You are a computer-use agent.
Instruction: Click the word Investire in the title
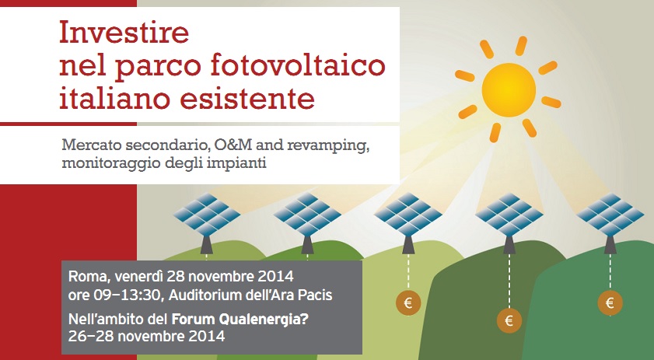click(x=124, y=32)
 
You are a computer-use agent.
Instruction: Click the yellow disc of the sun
click(x=509, y=89)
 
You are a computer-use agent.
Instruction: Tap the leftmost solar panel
click(x=207, y=214)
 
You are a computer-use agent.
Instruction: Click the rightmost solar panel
click(x=610, y=214)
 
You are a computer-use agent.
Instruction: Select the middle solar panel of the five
click(x=408, y=214)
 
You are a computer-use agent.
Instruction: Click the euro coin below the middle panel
click(x=408, y=302)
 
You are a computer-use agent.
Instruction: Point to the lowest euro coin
click(x=509, y=320)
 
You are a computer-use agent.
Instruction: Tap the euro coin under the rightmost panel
click(x=610, y=302)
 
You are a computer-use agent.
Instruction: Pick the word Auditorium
click(x=210, y=295)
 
